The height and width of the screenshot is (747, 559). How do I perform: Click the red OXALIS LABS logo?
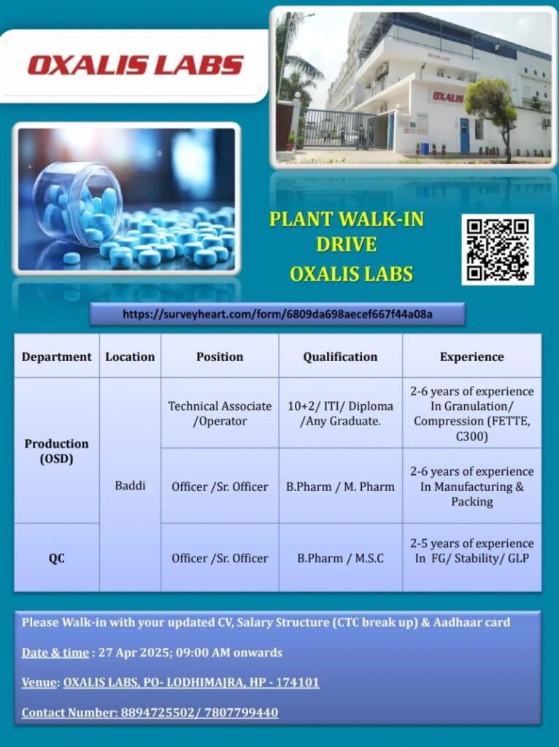pos(135,65)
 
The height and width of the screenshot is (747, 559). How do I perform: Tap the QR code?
pos(498,249)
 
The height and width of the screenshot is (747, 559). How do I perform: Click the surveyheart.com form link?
pos(277,314)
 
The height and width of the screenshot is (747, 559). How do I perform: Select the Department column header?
pos(57,357)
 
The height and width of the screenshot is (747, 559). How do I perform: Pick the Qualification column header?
pos(340,357)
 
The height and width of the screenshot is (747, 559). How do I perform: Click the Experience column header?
pos(471,357)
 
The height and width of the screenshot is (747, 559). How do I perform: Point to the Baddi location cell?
pos(130,485)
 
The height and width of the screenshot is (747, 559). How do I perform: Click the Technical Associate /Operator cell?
pos(220,414)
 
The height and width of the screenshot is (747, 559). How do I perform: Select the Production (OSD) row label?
pos(57,451)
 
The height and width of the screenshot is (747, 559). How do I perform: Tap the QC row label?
pos(56,558)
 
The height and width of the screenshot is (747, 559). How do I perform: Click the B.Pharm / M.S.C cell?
pos(340,558)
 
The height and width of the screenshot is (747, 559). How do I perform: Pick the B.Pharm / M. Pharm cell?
pos(340,487)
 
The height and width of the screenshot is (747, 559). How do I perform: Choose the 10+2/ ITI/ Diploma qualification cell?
pos(340,414)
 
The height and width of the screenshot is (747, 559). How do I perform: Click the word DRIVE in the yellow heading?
pos(347,244)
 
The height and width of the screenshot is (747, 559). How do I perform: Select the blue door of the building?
pos(464,136)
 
